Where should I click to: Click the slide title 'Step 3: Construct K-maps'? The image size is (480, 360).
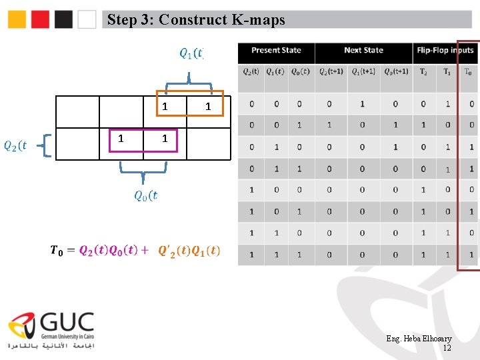coord(196,20)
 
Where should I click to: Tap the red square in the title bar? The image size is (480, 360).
coord(40,19)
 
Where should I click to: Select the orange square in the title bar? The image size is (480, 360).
coord(17,19)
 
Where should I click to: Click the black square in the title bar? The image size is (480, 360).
coord(63,19)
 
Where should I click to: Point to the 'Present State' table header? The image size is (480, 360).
coord(276,51)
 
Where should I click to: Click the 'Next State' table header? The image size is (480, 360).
coord(363,51)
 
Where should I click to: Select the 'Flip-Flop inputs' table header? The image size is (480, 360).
coord(445,51)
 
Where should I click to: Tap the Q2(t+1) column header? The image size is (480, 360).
coord(331,72)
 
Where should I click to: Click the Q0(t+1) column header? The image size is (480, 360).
coord(396,72)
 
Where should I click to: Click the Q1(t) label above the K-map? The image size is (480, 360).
coord(191,53)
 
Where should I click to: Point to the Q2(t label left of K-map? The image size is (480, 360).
coord(15,145)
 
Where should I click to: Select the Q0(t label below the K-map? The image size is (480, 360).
coord(146,195)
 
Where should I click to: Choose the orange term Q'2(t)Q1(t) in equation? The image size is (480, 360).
coord(189,251)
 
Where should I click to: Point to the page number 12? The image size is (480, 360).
coord(447,348)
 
